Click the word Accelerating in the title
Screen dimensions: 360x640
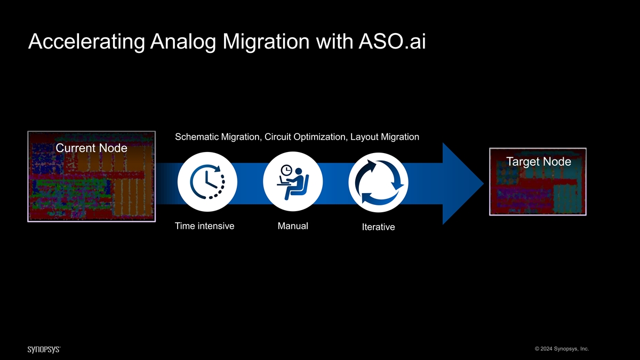pos(85,42)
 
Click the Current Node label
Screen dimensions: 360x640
pos(91,148)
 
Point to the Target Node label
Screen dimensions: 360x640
pos(538,162)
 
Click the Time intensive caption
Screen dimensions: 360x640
pos(204,226)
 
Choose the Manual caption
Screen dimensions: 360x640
pos(293,226)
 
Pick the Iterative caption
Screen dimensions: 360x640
pos(378,227)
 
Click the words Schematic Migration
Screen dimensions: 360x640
pos(218,137)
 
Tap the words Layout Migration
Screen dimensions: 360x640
pos(385,137)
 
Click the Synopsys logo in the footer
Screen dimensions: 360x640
pos(44,349)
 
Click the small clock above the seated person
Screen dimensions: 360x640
pos(286,170)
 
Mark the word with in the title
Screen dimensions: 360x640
pos(331,42)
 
